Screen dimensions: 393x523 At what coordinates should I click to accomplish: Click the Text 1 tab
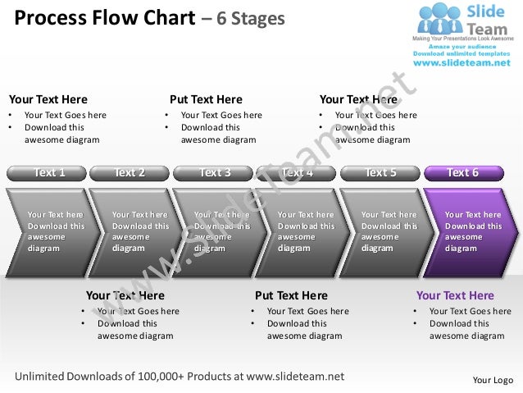click(x=47, y=173)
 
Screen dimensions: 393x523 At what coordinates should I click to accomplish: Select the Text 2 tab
click(x=130, y=173)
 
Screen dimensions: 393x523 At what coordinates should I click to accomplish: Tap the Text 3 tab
click(x=214, y=173)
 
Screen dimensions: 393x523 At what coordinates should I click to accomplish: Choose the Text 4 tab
click(x=298, y=173)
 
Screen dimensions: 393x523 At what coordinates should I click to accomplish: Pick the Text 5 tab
click(x=380, y=173)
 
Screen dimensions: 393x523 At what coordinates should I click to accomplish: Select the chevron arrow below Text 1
click(x=51, y=232)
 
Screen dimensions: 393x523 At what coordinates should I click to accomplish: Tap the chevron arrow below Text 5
click(x=385, y=232)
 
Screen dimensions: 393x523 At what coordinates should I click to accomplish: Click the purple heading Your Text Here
click(x=455, y=295)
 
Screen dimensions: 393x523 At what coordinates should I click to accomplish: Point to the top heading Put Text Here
click(x=206, y=99)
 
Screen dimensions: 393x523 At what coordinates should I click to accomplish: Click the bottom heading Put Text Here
click(x=291, y=295)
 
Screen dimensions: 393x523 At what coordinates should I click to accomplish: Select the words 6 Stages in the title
click(x=251, y=17)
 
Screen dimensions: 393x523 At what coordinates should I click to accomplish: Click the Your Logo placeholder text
click(x=493, y=380)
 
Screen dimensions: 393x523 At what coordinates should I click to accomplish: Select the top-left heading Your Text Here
click(x=48, y=99)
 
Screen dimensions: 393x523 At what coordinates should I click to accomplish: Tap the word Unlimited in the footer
click(x=42, y=377)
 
